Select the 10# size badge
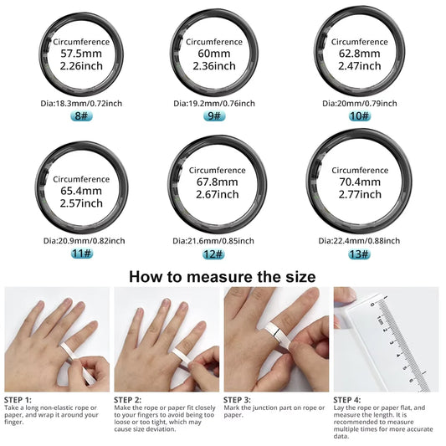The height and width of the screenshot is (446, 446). coord(360,116)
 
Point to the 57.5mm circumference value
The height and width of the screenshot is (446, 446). coord(82,53)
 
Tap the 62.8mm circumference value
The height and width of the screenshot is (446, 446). coord(360,52)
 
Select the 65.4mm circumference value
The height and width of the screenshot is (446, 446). coord(81,191)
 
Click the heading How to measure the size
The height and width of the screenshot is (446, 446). coord(223,275)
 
